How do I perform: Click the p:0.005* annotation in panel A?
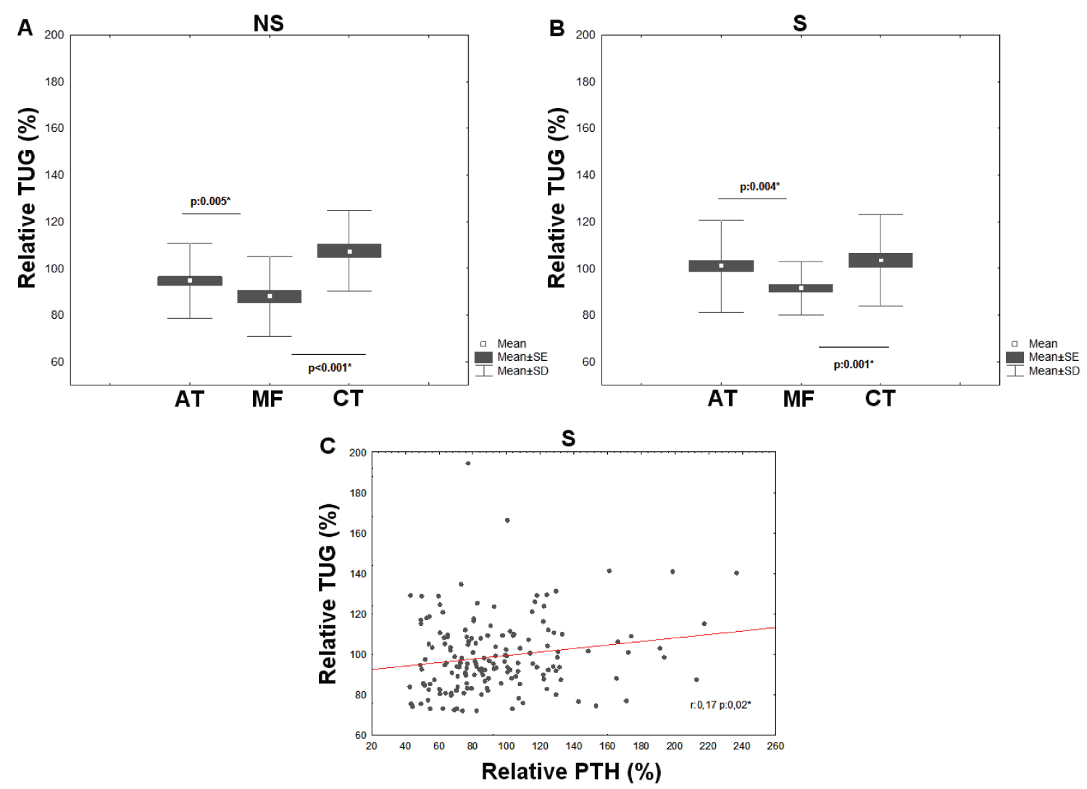pyautogui.click(x=210, y=201)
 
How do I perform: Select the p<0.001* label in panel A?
pyautogui.click(x=330, y=368)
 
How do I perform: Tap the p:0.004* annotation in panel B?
pyautogui.click(x=759, y=187)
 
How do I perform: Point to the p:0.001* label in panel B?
pyautogui.click(x=853, y=364)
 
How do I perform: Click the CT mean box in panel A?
pyautogui.click(x=349, y=251)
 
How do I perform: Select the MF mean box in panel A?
pyautogui.click(x=270, y=296)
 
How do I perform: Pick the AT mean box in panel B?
pyautogui.click(x=721, y=266)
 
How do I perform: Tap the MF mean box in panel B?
pyautogui.click(x=801, y=288)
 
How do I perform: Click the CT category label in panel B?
pyautogui.click(x=880, y=398)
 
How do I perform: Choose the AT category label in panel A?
pyautogui.click(x=189, y=399)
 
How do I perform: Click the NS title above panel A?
pyautogui.click(x=268, y=23)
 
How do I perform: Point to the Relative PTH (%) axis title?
pyautogui.click(x=571, y=772)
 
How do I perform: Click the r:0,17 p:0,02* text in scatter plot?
pyautogui.click(x=720, y=704)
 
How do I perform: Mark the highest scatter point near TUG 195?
pyautogui.click(x=468, y=463)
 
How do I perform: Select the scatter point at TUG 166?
pyautogui.click(x=507, y=520)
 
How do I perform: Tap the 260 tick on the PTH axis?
pyautogui.click(x=775, y=746)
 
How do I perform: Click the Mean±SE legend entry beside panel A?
pyautogui.click(x=522, y=357)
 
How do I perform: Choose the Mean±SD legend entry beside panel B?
pyautogui.click(x=1053, y=371)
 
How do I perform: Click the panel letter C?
pyautogui.click(x=328, y=446)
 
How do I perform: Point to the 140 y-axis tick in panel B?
pyautogui.click(x=586, y=175)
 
